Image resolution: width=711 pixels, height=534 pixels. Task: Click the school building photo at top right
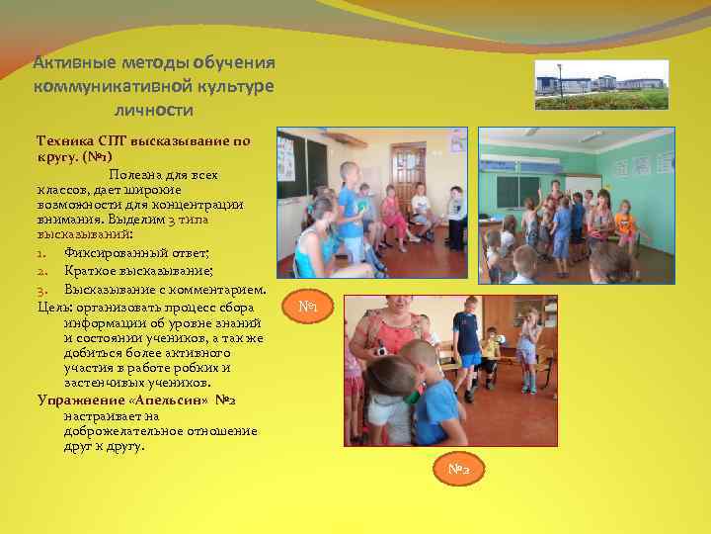pyautogui.click(x=601, y=84)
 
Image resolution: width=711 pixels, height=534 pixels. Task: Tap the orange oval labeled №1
pyautogui.click(x=309, y=308)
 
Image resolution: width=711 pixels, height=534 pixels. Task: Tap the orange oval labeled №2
pyautogui.click(x=457, y=469)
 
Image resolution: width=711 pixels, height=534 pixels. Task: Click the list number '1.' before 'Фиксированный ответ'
pyautogui.click(x=42, y=252)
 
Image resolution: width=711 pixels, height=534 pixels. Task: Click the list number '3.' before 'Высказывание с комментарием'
pyautogui.click(x=43, y=290)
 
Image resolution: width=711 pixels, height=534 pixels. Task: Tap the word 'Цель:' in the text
pyautogui.click(x=55, y=307)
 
